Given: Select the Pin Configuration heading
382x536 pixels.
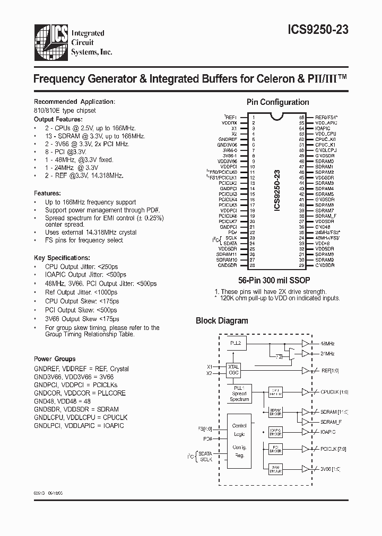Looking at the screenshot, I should [x=277, y=102].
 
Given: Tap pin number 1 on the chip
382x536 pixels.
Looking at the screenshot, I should [x=253, y=117].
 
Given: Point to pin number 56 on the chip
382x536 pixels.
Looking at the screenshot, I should [x=301, y=117].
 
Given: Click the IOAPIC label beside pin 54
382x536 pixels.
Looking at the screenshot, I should [x=323, y=128].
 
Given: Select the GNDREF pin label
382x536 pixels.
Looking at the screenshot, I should [x=228, y=139].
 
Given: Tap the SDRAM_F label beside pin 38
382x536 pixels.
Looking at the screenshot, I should [x=325, y=216].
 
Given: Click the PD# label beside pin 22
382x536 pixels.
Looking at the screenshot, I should [x=232, y=232].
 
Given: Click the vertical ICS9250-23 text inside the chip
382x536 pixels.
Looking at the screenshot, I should [x=277, y=190].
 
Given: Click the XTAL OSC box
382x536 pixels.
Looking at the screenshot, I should [x=234, y=370].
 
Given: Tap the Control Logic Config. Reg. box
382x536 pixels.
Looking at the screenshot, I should [x=239, y=443].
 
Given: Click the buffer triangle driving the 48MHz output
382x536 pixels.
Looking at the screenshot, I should [x=305, y=343].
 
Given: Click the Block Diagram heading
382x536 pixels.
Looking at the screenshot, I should [x=222, y=320].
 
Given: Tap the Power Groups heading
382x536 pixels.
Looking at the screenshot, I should [x=55, y=359].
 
